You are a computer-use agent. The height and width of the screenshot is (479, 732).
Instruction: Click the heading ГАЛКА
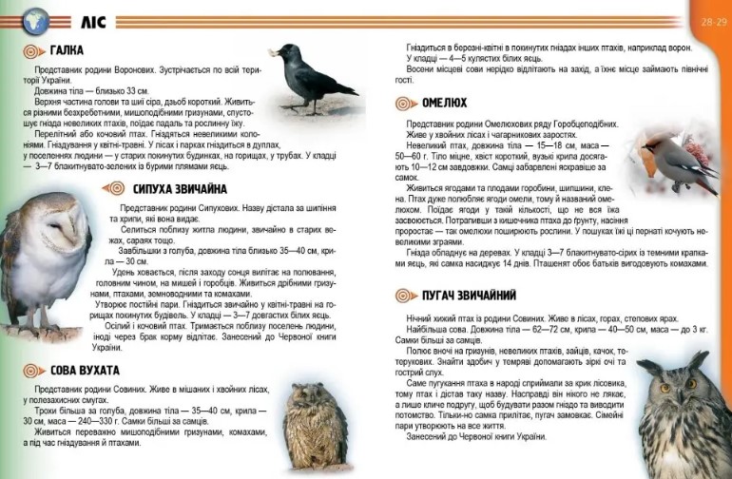click(x=68, y=50)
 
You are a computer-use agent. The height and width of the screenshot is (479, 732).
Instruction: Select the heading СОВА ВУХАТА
click(x=86, y=370)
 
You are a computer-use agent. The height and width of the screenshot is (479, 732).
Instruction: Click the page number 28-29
click(x=710, y=20)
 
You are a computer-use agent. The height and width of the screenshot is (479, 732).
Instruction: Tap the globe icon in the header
click(x=35, y=20)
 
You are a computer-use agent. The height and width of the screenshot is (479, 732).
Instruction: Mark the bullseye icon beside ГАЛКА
click(x=33, y=51)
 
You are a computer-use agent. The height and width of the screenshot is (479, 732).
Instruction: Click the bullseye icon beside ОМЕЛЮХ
click(x=406, y=103)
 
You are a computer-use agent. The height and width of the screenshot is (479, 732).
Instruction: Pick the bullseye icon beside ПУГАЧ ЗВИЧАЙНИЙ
click(x=406, y=296)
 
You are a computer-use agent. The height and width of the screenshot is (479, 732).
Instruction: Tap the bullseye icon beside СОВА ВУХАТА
click(x=33, y=371)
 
